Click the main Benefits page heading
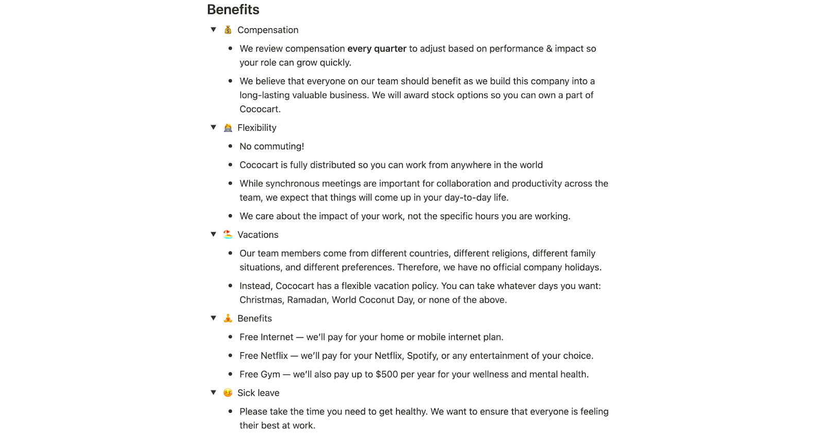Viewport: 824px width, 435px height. point(233,10)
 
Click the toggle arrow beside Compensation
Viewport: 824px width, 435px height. point(213,30)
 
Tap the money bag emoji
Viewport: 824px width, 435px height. point(228,30)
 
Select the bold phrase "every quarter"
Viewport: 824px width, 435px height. point(376,49)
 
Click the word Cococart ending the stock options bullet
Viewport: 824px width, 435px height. point(260,109)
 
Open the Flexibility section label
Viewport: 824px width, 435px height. point(256,128)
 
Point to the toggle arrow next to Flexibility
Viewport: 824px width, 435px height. point(213,128)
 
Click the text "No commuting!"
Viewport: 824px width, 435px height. point(271,147)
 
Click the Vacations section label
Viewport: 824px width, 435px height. point(257,235)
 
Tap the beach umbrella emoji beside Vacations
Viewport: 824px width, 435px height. point(228,235)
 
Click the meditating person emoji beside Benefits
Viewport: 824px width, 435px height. point(228,319)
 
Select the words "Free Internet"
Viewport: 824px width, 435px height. point(266,337)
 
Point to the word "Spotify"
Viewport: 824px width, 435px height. point(422,356)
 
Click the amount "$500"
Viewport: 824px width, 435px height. point(387,374)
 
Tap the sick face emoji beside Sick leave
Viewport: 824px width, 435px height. point(228,393)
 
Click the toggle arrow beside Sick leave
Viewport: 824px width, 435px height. point(213,393)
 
